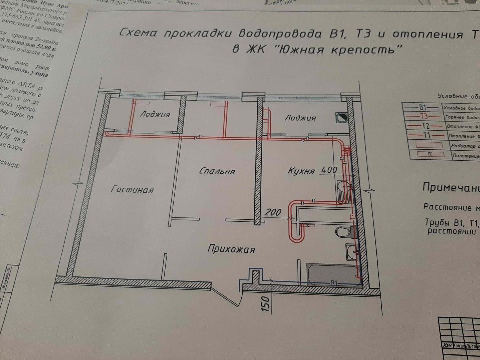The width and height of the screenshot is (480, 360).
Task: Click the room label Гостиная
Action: click(132, 190)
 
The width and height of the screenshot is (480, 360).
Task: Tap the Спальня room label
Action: click(217, 171)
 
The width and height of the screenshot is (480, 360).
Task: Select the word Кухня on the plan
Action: click(301, 171)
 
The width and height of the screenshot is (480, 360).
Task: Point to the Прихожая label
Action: click(231, 249)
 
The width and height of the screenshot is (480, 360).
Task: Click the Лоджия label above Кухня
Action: click(300, 118)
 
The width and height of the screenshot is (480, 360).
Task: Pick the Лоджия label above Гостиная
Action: click(155, 114)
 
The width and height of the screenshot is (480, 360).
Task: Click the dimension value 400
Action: click(329, 170)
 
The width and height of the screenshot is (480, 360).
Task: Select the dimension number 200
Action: click(273, 212)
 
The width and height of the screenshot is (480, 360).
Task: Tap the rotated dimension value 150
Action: click(266, 303)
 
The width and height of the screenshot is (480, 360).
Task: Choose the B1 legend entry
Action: click(422, 107)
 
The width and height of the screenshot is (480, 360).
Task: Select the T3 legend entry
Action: click(424, 117)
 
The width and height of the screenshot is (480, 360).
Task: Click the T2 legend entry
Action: click(425, 126)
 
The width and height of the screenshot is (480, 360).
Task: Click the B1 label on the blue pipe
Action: click(334, 283)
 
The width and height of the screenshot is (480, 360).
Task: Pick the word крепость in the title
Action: click(367, 50)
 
